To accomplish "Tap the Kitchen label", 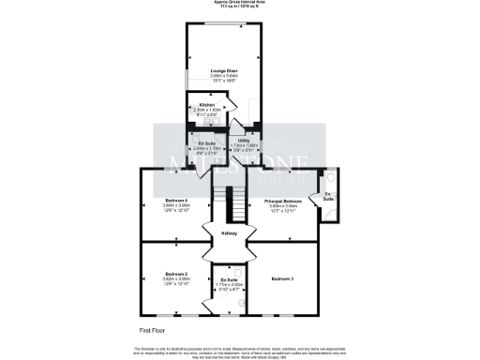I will (206, 105).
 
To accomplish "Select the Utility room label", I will (243, 141).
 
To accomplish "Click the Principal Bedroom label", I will (283, 202).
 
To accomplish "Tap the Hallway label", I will (229, 234).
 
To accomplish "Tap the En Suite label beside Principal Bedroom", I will (328, 199).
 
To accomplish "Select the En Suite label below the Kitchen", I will (206, 142).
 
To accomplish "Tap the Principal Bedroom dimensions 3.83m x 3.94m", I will (283, 207).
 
